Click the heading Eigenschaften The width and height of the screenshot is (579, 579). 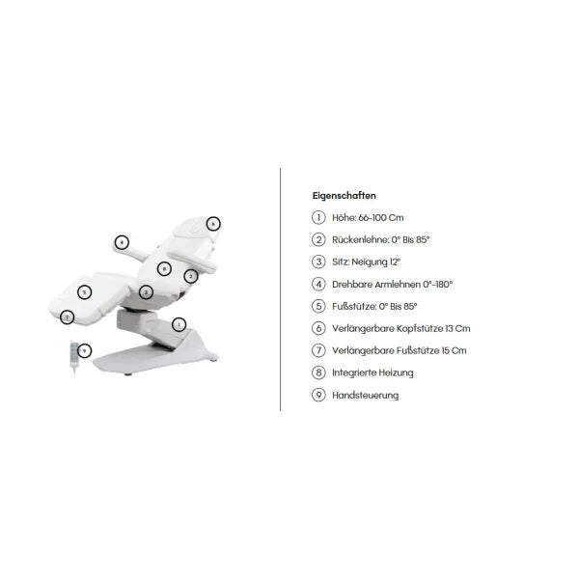tap(344, 195)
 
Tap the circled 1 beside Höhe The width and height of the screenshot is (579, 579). tap(318, 217)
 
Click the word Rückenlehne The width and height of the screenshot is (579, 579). tap(360, 239)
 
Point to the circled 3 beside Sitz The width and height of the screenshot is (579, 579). tap(318, 262)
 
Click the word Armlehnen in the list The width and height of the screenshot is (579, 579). tap(398, 285)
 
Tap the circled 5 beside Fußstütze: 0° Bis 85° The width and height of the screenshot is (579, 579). tap(318, 306)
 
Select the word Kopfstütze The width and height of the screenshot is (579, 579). tap(422, 328)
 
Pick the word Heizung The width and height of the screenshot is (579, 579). tap(396, 372)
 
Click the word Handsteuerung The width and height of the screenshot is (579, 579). tap(365, 395)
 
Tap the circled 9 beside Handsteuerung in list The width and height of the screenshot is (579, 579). tap(318, 395)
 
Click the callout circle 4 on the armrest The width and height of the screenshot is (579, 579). tap(122, 242)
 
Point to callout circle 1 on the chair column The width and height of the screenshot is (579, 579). tap(179, 324)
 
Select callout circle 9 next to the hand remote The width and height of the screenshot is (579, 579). tap(85, 351)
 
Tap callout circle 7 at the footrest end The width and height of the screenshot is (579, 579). tap(67, 317)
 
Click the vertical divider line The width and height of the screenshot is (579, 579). tap(280, 289)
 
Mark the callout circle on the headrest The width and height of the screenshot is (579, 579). tap(213, 224)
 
